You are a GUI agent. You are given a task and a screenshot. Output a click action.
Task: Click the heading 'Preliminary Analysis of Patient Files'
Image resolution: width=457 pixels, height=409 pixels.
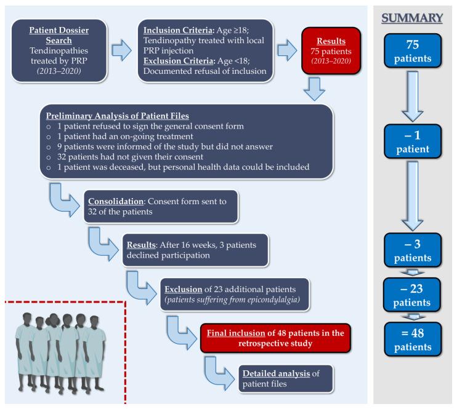point(121,115)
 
